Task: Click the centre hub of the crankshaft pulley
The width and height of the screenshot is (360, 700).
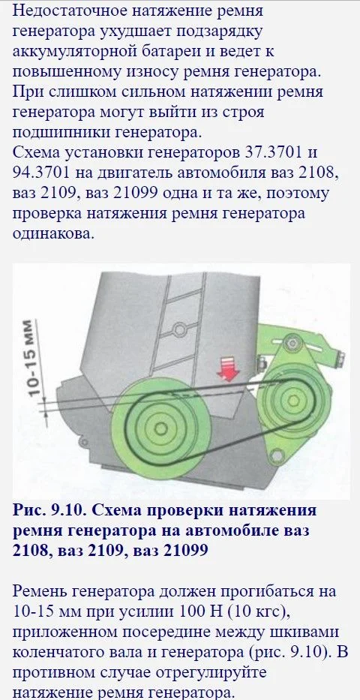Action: click(x=159, y=428)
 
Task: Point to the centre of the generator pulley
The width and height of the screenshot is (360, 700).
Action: click(x=292, y=398)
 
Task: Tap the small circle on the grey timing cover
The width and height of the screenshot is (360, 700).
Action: click(x=179, y=330)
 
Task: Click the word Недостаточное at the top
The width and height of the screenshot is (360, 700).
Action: click(x=62, y=11)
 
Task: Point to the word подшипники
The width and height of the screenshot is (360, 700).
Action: click(x=59, y=133)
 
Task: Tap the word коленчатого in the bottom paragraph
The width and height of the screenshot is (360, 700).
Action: click(x=58, y=651)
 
